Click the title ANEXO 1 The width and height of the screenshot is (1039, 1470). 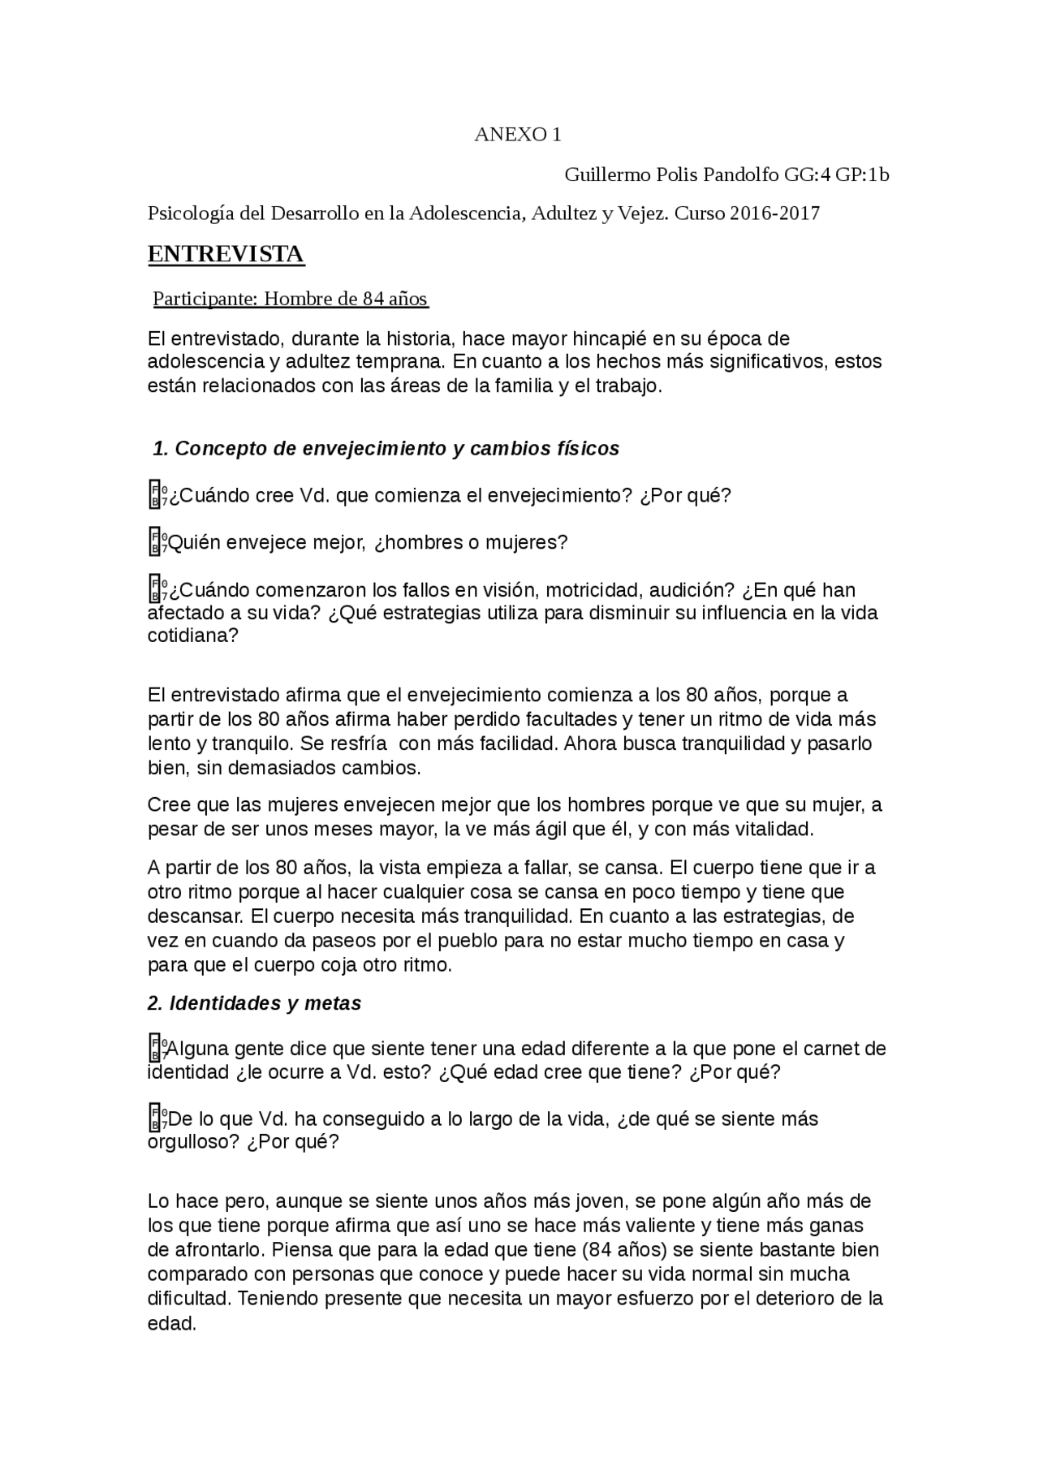point(518,135)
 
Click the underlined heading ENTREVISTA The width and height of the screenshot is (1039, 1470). point(226,254)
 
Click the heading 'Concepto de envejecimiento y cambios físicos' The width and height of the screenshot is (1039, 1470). point(386,448)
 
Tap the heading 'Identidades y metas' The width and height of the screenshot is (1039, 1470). point(254,1003)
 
